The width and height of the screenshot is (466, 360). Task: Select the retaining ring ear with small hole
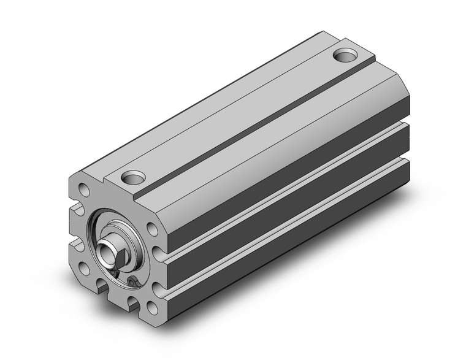coord(132,281)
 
